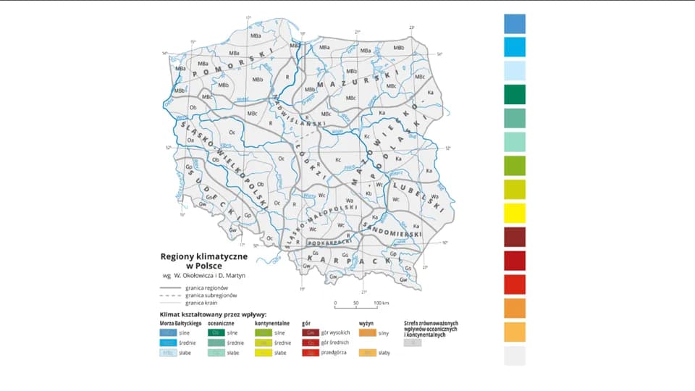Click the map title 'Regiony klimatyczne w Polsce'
click(x=204, y=261)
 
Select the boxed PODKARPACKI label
click(x=329, y=243)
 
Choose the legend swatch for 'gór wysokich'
click(x=310, y=332)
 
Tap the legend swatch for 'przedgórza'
click(x=310, y=353)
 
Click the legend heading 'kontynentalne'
click(x=272, y=323)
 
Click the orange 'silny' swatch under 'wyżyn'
click(x=367, y=332)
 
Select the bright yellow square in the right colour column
click(x=515, y=214)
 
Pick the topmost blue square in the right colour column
click(x=515, y=24)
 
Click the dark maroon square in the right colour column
click(x=515, y=237)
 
